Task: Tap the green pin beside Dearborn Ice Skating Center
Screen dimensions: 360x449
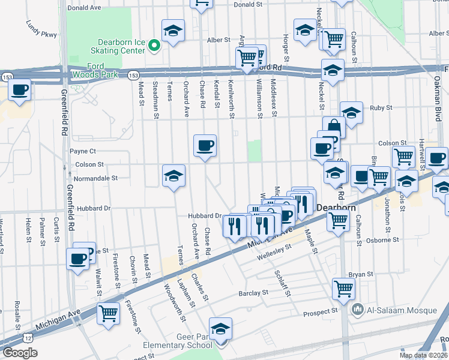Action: pyautogui.click(x=154, y=45)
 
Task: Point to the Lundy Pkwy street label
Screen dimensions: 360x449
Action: pyautogui.click(x=41, y=30)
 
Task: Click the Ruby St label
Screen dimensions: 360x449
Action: pyautogui.click(x=381, y=108)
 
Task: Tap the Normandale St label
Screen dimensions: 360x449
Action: pyautogui.click(x=95, y=178)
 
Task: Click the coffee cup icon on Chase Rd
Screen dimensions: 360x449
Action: pyautogui.click(x=205, y=145)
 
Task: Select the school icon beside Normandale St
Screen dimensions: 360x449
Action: pyautogui.click(x=174, y=176)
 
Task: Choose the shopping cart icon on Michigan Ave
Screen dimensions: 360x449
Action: pyautogui.click(x=109, y=313)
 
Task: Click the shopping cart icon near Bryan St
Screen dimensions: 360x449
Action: pyautogui.click(x=343, y=289)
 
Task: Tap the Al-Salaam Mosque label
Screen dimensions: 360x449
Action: pyautogui.click(x=387, y=310)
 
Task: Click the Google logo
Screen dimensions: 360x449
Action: pyautogui.click(x=20, y=352)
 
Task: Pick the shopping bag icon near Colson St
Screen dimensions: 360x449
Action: pyautogui.click(x=333, y=128)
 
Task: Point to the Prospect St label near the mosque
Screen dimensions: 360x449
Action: pyautogui.click(x=321, y=312)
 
